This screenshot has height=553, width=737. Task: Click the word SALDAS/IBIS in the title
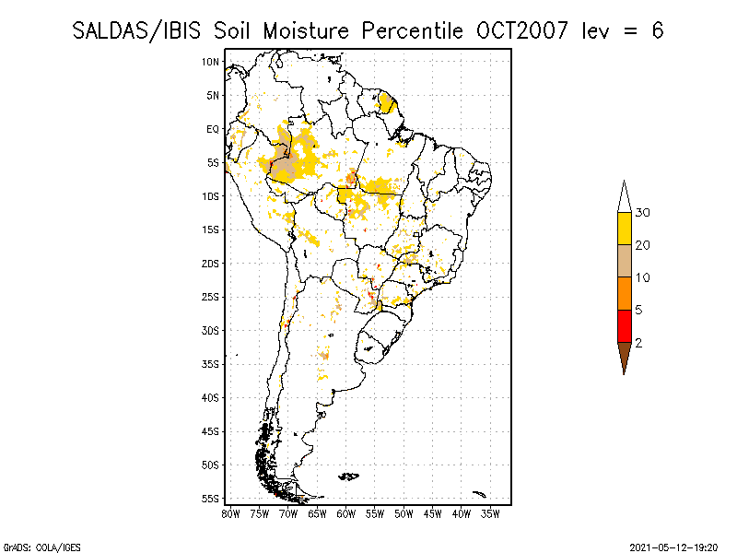tap(136, 31)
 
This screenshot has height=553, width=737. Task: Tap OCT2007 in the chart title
tap(521, 31)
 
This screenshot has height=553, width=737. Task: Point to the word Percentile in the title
tap(412, 31)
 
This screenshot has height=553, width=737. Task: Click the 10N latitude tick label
tap(211, 62)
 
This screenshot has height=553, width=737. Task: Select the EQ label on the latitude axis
tap(213, 129)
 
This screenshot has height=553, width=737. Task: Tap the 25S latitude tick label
tap(211, 297)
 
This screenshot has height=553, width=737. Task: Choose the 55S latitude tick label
tap(211, 499)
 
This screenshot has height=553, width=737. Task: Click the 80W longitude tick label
tap(230, 514)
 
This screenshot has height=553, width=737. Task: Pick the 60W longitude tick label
tap(346, 514)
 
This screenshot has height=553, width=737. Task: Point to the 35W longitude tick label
tap(490, 514)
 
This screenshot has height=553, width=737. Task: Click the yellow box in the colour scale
tap(625, 229)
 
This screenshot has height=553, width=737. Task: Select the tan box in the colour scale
tap(625, 261)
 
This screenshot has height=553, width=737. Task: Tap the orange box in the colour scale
tap(625, 293)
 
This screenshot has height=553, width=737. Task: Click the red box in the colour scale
tap(625, 326)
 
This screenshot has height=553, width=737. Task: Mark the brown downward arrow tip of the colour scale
tap(625, 374)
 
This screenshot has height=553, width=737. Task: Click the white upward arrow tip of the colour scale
tap(625, 181)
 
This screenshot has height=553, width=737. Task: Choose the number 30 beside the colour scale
tap(642, 213)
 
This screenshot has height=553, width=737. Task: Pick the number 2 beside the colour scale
tap(638, 343)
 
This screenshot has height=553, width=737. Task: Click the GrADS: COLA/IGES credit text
tap(41, 547)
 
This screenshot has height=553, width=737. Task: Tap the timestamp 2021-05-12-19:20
tap(673, 547)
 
